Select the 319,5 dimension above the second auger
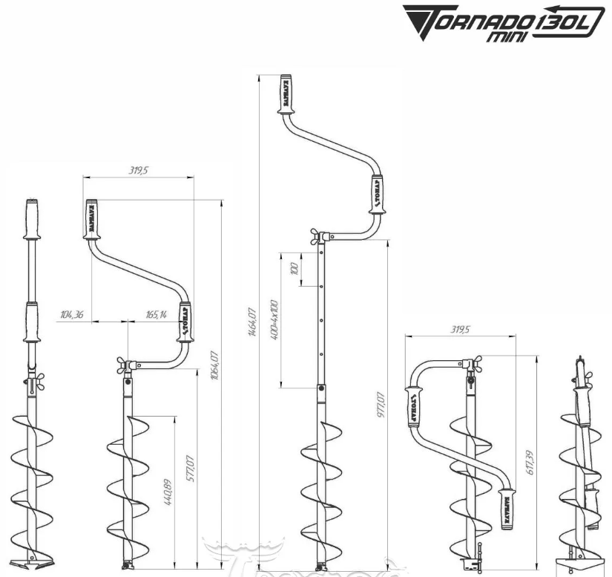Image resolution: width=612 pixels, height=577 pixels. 138,170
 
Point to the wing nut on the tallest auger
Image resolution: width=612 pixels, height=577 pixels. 319,238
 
